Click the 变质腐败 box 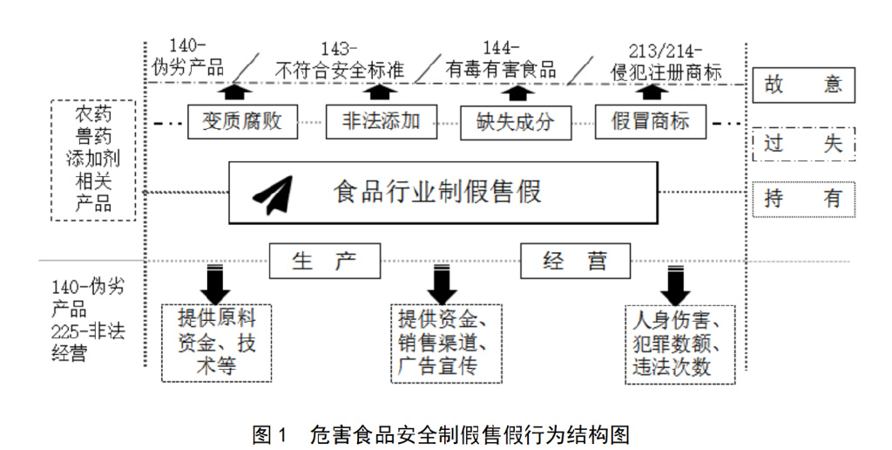point(242,120)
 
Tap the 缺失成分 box point(514,120)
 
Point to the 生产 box point(324,261)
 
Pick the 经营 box point(575,261)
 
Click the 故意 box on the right point(803,85)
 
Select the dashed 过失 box point(803,144)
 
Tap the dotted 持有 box point(803,199)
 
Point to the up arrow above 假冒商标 point(661,92)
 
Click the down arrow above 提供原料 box point(213,283)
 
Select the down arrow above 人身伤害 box point(675,283)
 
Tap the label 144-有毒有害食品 point(501,60)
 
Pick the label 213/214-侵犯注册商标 point(666,60)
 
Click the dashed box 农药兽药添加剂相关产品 point(93,159)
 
